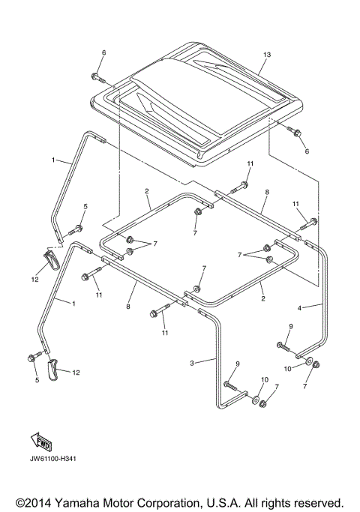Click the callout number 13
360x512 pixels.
pyautogui.click(x=266, y=55)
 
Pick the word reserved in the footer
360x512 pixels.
pyautogui.click(x=316, y=502)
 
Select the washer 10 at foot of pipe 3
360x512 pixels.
pyautogui.click(x=257, y=401)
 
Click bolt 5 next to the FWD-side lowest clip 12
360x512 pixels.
pyautogui.click(x=33, y=358)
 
